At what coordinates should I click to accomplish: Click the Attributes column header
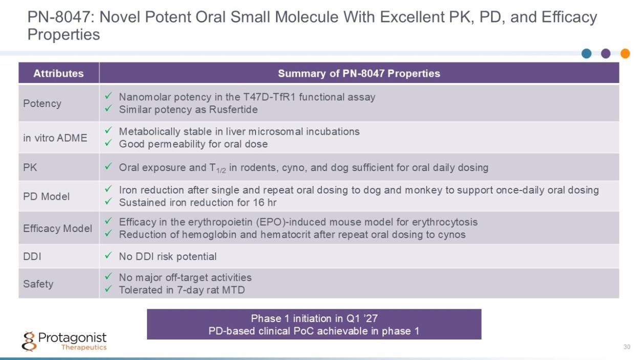(58, 73)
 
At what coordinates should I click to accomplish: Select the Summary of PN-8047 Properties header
(359, 73)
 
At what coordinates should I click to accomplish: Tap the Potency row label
(42, 103)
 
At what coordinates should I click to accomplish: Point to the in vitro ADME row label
(55, 138)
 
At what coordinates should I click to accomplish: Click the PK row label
(30, 167)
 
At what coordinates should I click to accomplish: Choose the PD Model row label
(46, 197)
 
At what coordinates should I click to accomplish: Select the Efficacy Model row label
(57, 228)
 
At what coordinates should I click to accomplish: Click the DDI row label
(32, 257)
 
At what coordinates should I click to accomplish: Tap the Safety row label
(38, 284)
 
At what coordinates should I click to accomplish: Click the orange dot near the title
(625, 53)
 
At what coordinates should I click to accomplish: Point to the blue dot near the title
(586, 53)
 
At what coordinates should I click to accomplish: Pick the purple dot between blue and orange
(606, 53)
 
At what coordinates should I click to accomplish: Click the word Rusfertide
(233, 110)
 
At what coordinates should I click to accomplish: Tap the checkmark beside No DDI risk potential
(108, 255)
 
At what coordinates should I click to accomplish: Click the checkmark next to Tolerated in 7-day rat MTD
(108, 289)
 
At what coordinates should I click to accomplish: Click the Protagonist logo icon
(29, 341)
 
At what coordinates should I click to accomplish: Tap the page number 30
(627, 347)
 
